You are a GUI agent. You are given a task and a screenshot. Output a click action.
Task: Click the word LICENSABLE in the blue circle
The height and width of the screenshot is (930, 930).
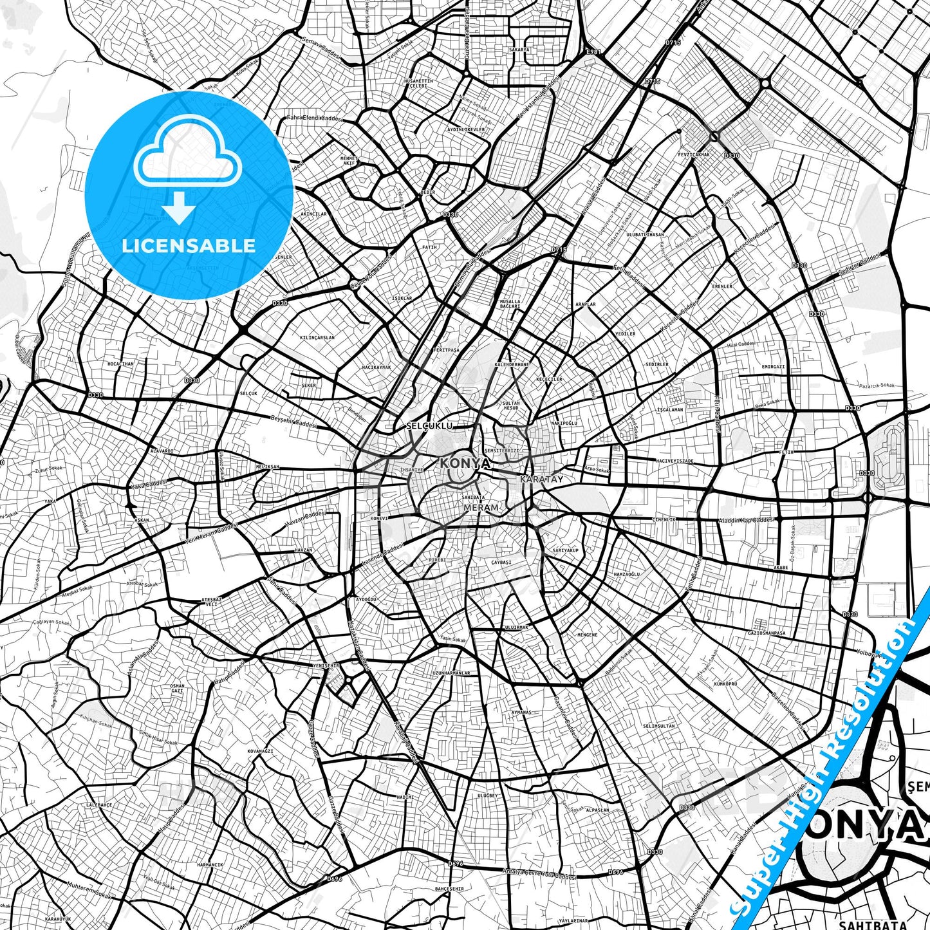tap(189, 246)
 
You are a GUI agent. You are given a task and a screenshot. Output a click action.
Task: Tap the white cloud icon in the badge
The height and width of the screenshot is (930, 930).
tap(188, 153)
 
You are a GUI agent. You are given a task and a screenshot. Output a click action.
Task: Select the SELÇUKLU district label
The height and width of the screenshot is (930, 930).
tap(430, 426)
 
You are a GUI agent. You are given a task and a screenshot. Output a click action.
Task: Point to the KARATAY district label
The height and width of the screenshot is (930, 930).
tap(541, 479)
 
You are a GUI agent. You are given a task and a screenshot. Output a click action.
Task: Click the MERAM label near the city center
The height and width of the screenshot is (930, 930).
tap(481, 508)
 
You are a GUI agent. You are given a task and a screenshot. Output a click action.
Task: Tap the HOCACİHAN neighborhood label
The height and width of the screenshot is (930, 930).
tap(120, 364)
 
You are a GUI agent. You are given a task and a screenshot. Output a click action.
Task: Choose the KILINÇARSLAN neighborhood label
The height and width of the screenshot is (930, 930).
tap(317, 337)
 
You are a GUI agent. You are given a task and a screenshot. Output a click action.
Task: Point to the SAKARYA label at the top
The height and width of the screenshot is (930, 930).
tap(519, 50)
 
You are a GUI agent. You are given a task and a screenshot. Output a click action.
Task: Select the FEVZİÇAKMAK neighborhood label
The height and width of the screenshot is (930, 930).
tap(694, 154)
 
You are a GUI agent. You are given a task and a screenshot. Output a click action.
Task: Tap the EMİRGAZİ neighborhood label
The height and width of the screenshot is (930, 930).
tap(773, 366)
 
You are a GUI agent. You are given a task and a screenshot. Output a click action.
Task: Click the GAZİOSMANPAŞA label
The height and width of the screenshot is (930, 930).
tap(766, 633)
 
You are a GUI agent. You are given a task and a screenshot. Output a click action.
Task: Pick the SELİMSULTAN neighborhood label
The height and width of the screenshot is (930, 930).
tap(659, 726)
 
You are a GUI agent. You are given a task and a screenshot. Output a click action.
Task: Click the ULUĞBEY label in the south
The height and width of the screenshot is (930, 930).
tap(488, 796)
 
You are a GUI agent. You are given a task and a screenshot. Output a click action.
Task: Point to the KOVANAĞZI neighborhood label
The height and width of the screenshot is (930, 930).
tap(261, 751)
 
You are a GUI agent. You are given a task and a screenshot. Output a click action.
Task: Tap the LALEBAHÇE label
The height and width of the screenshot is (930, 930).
tap(99, 805)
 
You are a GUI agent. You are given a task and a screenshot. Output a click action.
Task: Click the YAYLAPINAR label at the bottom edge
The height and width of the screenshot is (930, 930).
tap(573, 921)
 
